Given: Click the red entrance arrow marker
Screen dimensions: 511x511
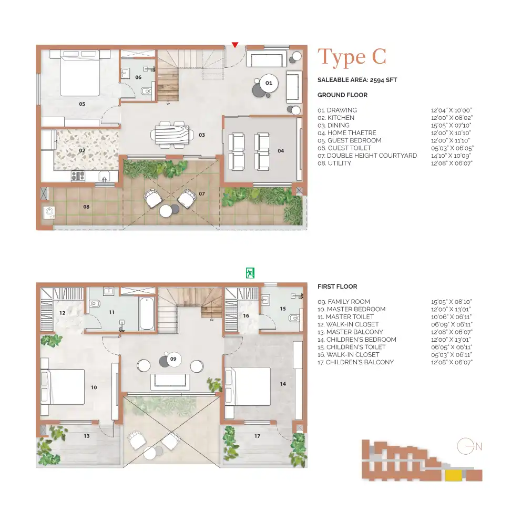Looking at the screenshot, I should (235, 45).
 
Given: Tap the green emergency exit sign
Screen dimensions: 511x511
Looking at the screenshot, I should (250, 273).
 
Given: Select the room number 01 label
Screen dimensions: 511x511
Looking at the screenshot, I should (268, 83).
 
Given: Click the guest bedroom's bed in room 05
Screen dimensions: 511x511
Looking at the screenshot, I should (80, 73).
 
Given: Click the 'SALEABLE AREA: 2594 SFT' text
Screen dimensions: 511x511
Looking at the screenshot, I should (357, 80).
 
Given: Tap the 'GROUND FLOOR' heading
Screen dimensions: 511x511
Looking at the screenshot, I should (342, 95).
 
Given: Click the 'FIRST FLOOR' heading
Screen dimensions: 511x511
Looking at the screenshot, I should (337, 287).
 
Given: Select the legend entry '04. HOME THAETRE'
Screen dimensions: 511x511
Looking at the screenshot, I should (347, 133).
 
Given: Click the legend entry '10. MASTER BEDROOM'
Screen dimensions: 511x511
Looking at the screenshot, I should (351, 309).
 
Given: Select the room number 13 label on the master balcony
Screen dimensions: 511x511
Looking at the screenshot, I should (87, 435).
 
